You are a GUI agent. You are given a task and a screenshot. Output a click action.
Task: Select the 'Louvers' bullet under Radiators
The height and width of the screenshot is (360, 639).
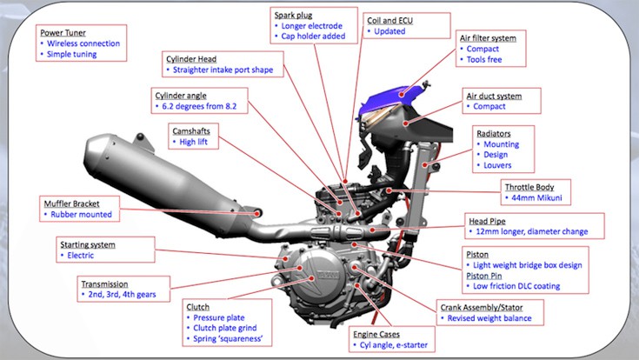[498, 165]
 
